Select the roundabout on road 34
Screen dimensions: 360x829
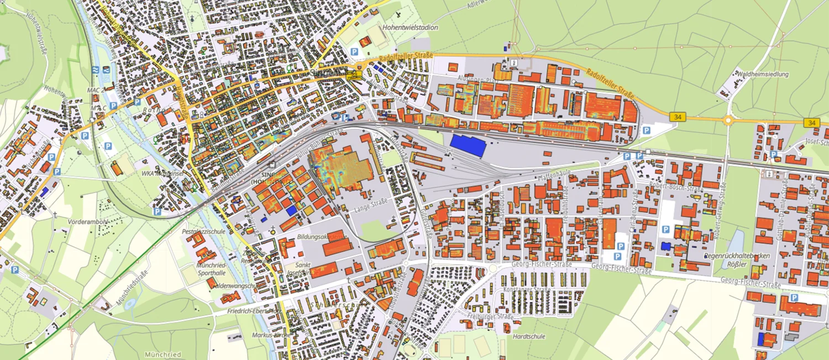728,120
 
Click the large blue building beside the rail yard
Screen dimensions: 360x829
468,145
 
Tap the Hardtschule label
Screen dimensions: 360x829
529,336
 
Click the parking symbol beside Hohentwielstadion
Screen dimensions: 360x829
354,52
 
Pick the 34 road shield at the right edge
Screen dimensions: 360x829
811,122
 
